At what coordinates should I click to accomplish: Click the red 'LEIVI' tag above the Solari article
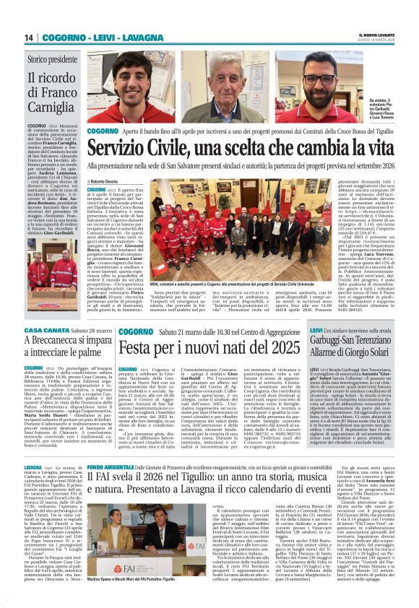coord(316,330)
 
